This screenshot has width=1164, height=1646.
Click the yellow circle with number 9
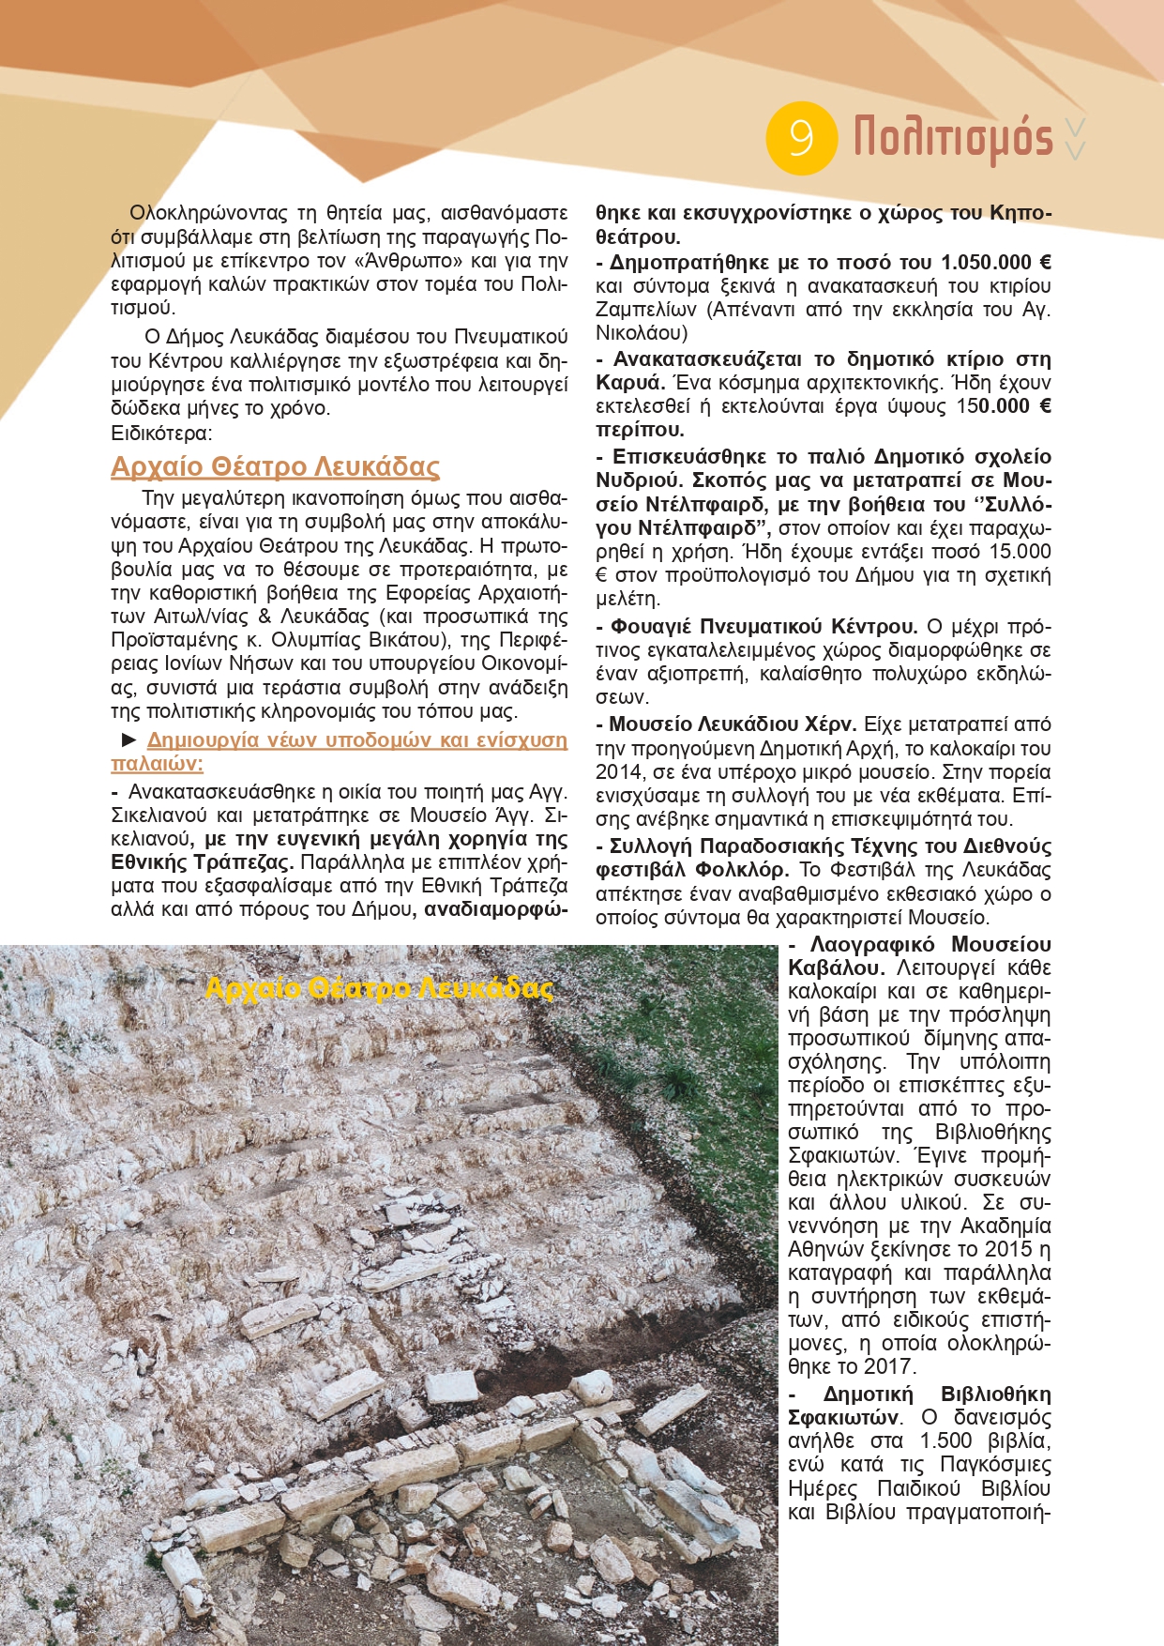click(801, 138)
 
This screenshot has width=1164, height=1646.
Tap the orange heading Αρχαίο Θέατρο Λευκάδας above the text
click(275, 466)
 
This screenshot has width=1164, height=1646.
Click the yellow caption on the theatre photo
click(379, 988)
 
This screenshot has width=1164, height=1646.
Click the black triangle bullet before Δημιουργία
click(129, 740)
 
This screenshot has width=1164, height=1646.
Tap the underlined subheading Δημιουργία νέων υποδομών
click(356, 740)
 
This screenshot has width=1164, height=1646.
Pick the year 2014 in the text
click(618, 772)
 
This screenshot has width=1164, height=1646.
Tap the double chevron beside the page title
click(1077, 138)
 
